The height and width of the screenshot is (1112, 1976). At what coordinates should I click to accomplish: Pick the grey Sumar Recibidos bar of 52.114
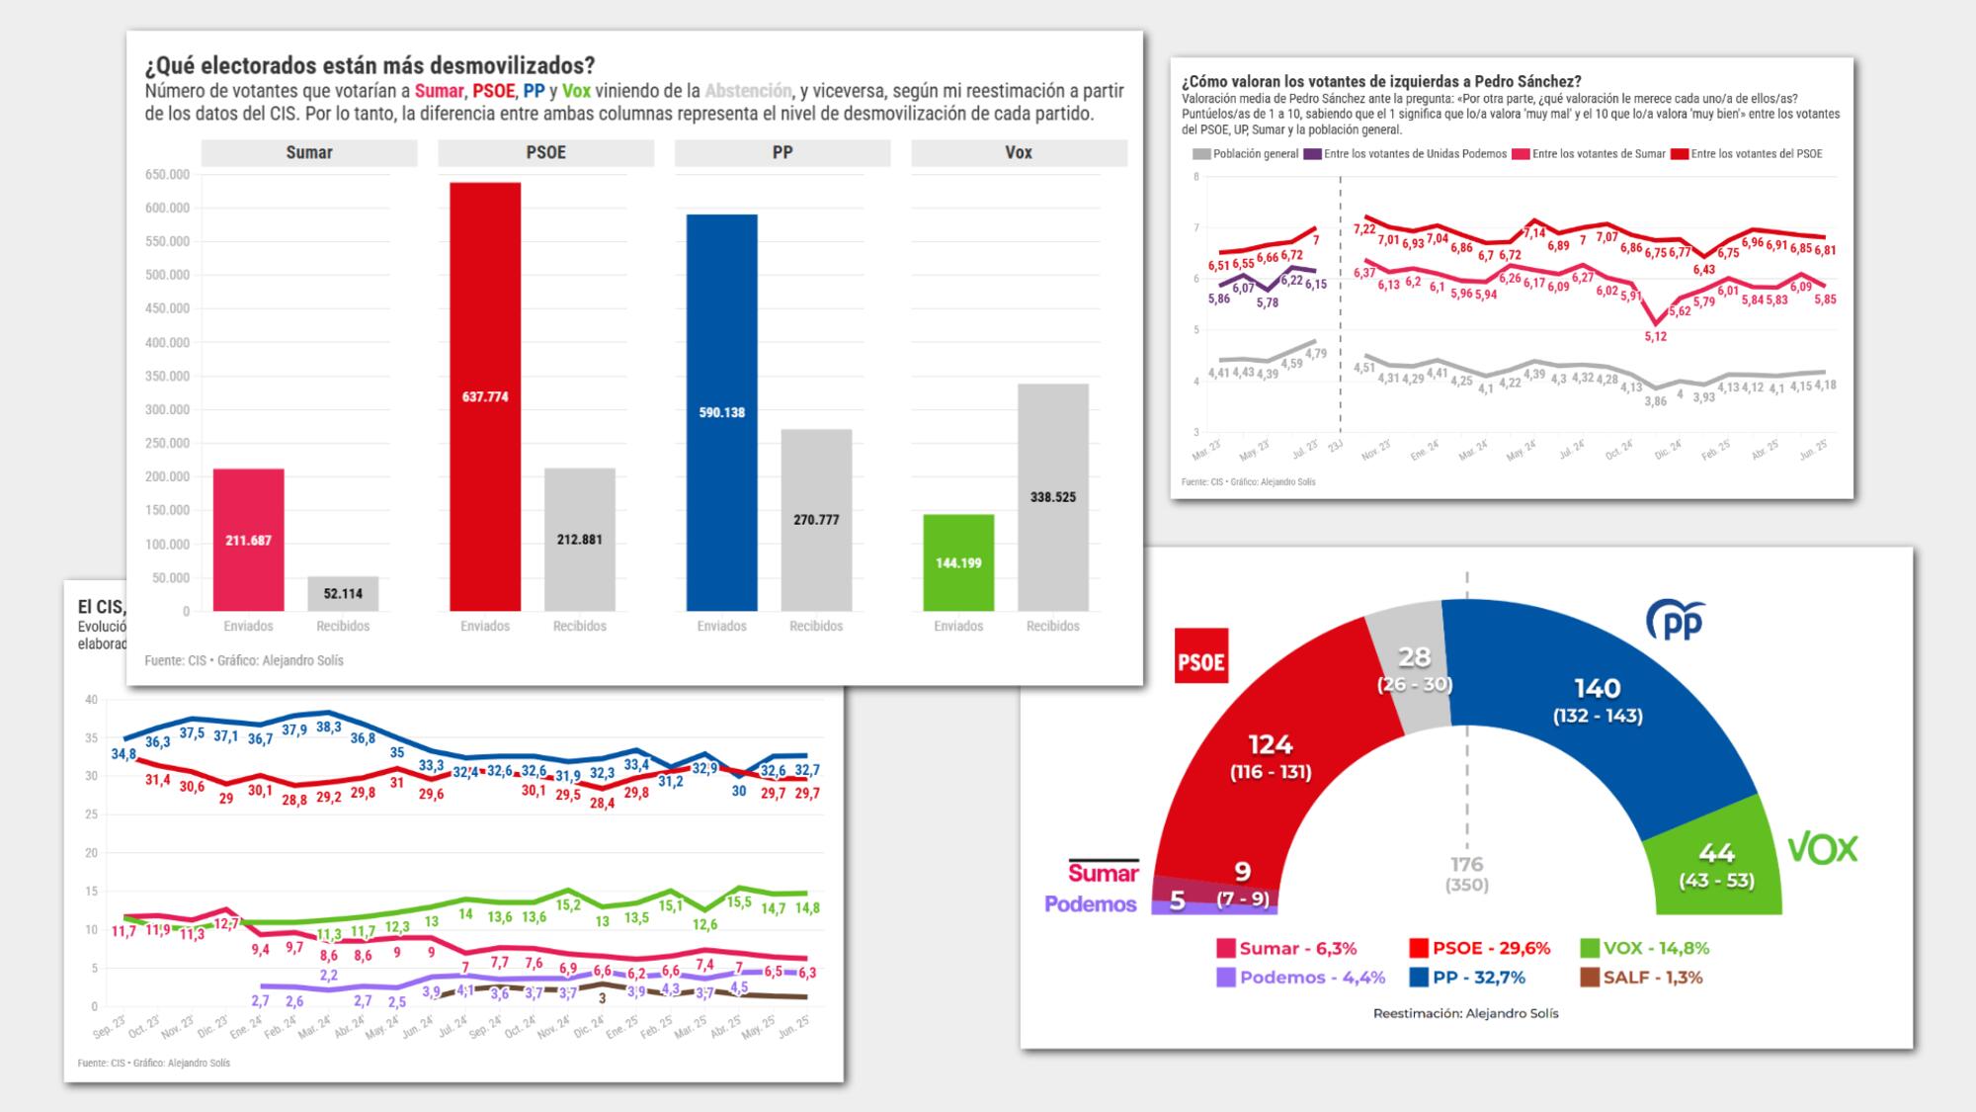click(x=343, y=593)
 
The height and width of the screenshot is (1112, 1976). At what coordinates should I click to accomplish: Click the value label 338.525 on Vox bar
click(x=1052, y=497)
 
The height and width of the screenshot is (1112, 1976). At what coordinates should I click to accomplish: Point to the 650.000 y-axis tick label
click(x=167, y=175)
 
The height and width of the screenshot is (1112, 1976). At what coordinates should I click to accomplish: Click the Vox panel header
click(x=1018, y=152)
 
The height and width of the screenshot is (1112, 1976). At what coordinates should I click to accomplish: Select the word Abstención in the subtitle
click(x=748, y=91)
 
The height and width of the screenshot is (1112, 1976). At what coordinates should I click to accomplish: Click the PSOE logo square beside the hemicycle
click(x=1200, y=655)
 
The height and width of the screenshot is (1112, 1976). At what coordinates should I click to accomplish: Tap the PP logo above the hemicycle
click(x=1676, y=621)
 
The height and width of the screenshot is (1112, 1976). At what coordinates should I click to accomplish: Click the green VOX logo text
click(x=1823, y=849)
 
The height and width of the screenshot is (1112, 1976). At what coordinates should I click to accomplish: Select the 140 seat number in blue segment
click(x=1597, y=688)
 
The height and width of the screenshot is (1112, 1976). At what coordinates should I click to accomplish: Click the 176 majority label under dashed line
click(x=1466, y=864)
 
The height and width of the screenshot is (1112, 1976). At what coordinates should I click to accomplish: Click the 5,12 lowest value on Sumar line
click(x=1656, y=336)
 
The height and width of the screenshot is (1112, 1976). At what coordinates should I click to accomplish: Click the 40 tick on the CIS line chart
click(x=92, y=700)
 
